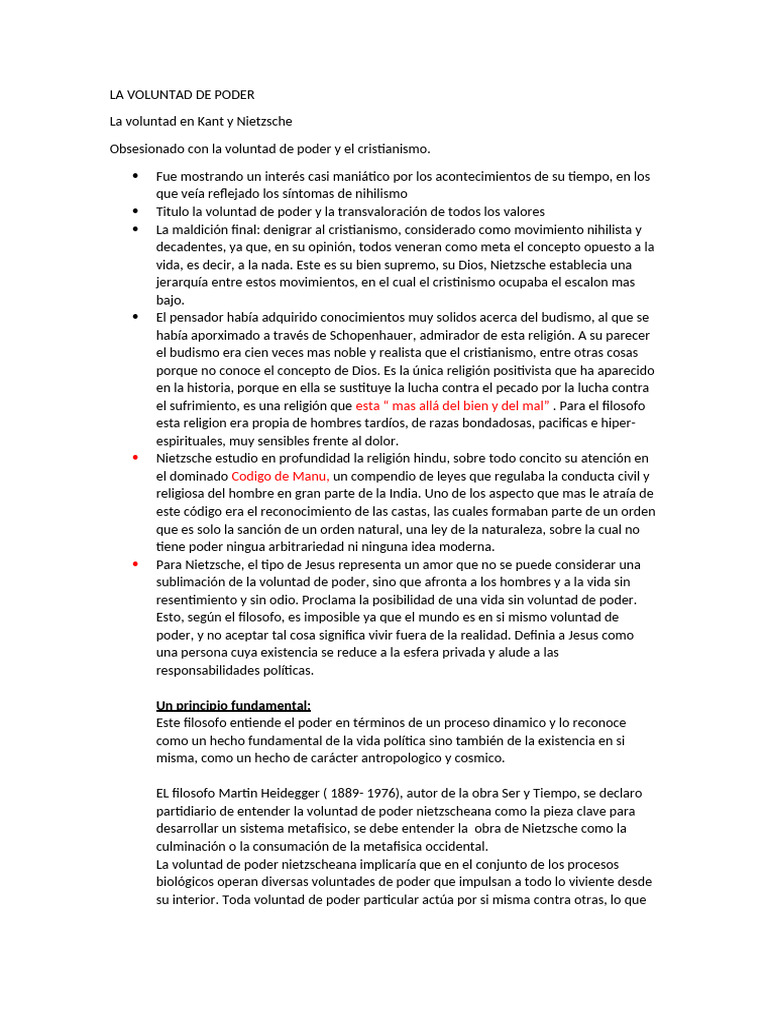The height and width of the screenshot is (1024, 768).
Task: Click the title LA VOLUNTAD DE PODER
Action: coord(182,95)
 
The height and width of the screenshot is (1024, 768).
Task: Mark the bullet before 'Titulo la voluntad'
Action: coord(135,211)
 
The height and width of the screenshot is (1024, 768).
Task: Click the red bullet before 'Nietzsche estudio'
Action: coord(135,458)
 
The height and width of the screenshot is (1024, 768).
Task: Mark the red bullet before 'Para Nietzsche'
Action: coord(135,564)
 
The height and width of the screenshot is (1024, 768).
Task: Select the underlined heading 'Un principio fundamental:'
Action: coord(234,705)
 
